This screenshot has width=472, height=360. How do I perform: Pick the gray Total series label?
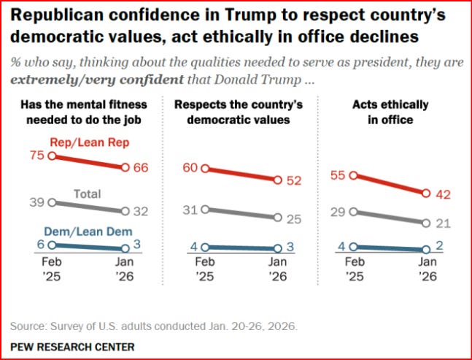click(x=88, y=194)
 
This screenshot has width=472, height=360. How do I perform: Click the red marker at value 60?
click(x=205, y=169)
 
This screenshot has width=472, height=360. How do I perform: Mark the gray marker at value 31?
click(x=205, y=209)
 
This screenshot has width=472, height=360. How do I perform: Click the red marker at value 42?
click(x=426, y=194)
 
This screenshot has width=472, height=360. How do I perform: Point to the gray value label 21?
click(x=441, y=222)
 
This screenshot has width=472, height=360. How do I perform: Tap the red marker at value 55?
click(x=353, y=175)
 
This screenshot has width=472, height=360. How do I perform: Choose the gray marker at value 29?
click(x=353, y=212)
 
